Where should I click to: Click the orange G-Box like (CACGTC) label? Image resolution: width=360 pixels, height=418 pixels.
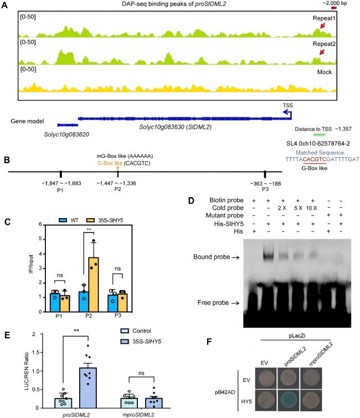click(117, 163)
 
